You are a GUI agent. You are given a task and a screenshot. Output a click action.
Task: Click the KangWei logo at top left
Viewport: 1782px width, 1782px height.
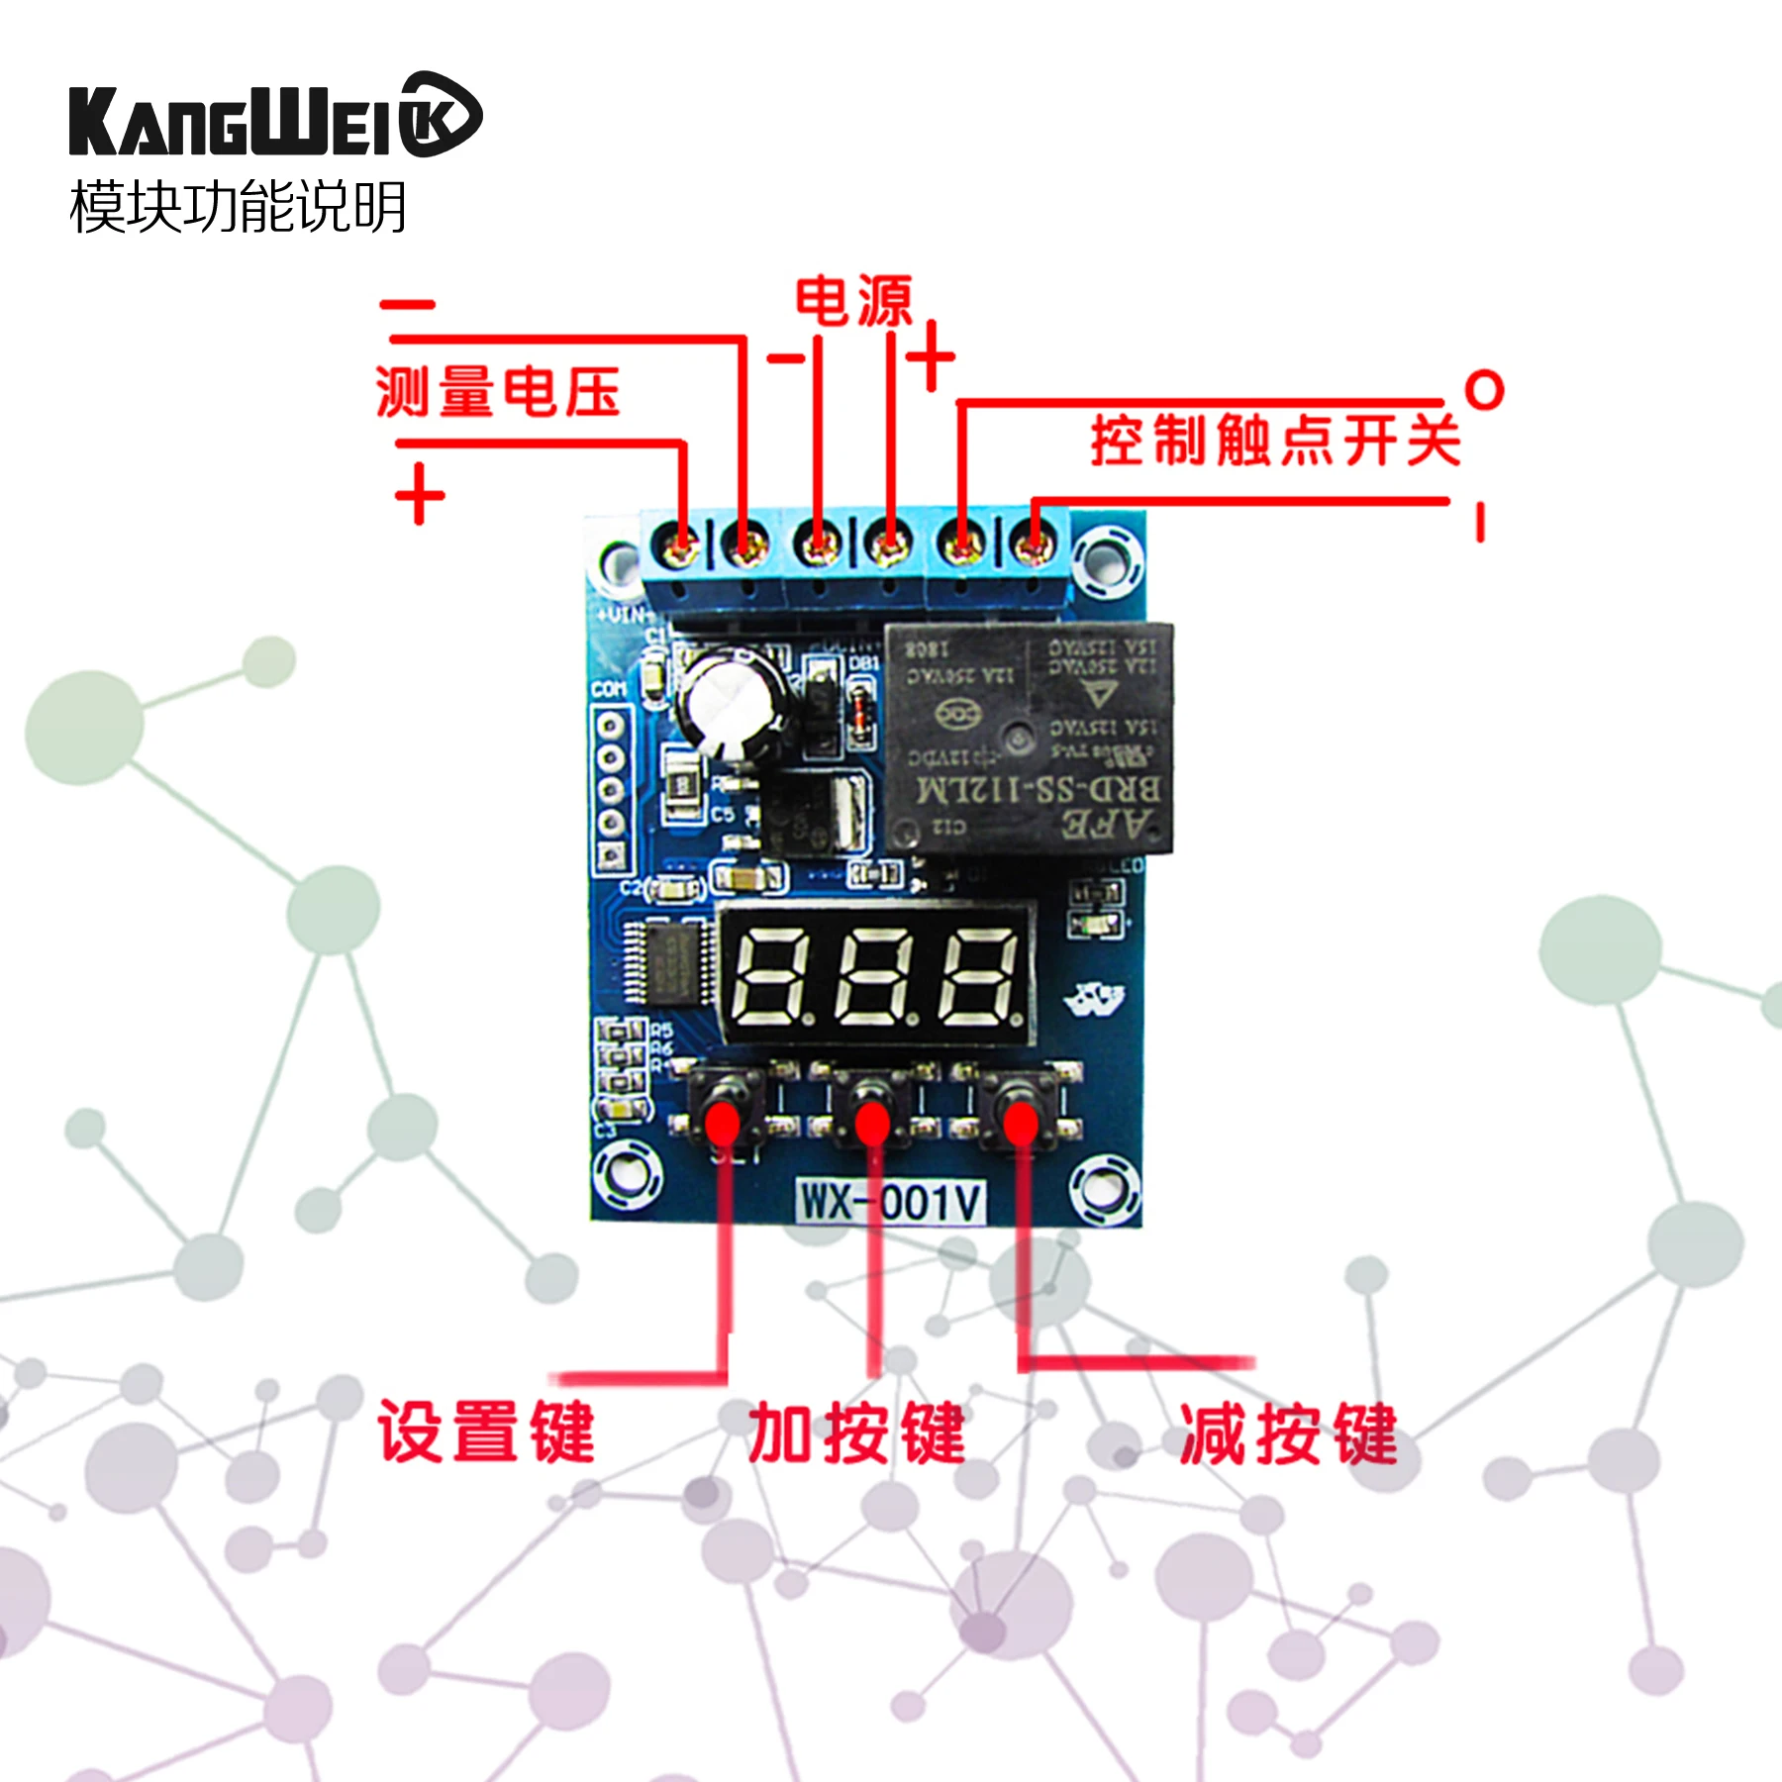(274, 116)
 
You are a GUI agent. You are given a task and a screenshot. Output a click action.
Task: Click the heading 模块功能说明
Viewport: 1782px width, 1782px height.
(238, 207)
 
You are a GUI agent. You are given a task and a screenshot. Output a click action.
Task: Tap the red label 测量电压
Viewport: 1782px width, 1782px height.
(497, 392)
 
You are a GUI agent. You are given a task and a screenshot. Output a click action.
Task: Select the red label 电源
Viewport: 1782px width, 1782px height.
(853, 302)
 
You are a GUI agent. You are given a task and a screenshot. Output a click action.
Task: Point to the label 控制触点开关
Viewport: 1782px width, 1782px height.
(1275, 441)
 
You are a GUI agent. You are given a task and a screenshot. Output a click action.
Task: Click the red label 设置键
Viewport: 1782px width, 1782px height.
(485, 1433)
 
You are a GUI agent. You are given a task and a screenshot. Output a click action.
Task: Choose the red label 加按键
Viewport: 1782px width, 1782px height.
(856, 1433)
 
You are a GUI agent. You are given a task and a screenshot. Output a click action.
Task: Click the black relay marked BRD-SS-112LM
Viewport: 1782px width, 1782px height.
(1030, 738)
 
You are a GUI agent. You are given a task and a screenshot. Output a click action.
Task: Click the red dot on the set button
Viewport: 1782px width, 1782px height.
(723, 1125)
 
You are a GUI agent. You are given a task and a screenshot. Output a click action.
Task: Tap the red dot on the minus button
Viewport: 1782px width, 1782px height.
(1021, 1125)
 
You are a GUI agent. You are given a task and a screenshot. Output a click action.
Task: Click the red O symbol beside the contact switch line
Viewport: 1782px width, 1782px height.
(1484, 390)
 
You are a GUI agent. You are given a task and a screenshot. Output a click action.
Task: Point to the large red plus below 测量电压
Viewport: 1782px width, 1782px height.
(420, 493)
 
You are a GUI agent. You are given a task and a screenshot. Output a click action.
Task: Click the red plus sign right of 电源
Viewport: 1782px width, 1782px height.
(931, 356)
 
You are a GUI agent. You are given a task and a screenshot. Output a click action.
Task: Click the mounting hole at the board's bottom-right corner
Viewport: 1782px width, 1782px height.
(1104, 1188)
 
